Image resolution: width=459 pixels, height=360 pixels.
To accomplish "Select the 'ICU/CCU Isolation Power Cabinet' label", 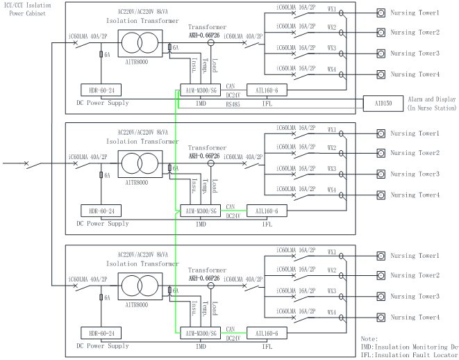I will pyautogui.click(x=27, y=10).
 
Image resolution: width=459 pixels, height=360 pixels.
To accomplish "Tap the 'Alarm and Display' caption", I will pyautogui.click(x=431, y=99).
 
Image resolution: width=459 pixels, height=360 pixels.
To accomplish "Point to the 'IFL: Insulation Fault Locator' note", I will pyautogui.click(x=410, y=354).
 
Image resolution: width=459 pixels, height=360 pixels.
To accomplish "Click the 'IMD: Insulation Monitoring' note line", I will pyautogui.click(x=410, y=346).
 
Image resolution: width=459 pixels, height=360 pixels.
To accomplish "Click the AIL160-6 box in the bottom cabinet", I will pyautogui.click(x=267, y=331).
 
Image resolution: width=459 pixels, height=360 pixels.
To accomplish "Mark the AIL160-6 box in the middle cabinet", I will pyautogui.click(x=267, y=211).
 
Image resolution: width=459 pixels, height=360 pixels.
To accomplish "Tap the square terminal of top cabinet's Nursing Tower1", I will pyautogui.click(x=381, y=13).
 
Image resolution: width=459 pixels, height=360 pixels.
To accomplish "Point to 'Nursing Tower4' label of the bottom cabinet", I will pyautogui.click(x=415, y=318).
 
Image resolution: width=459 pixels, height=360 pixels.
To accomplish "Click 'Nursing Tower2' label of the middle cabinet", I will pyautogui.click(x=415, y=154).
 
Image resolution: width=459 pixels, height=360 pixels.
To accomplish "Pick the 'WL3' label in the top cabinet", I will pyautogui.click(x=332, y=49).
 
